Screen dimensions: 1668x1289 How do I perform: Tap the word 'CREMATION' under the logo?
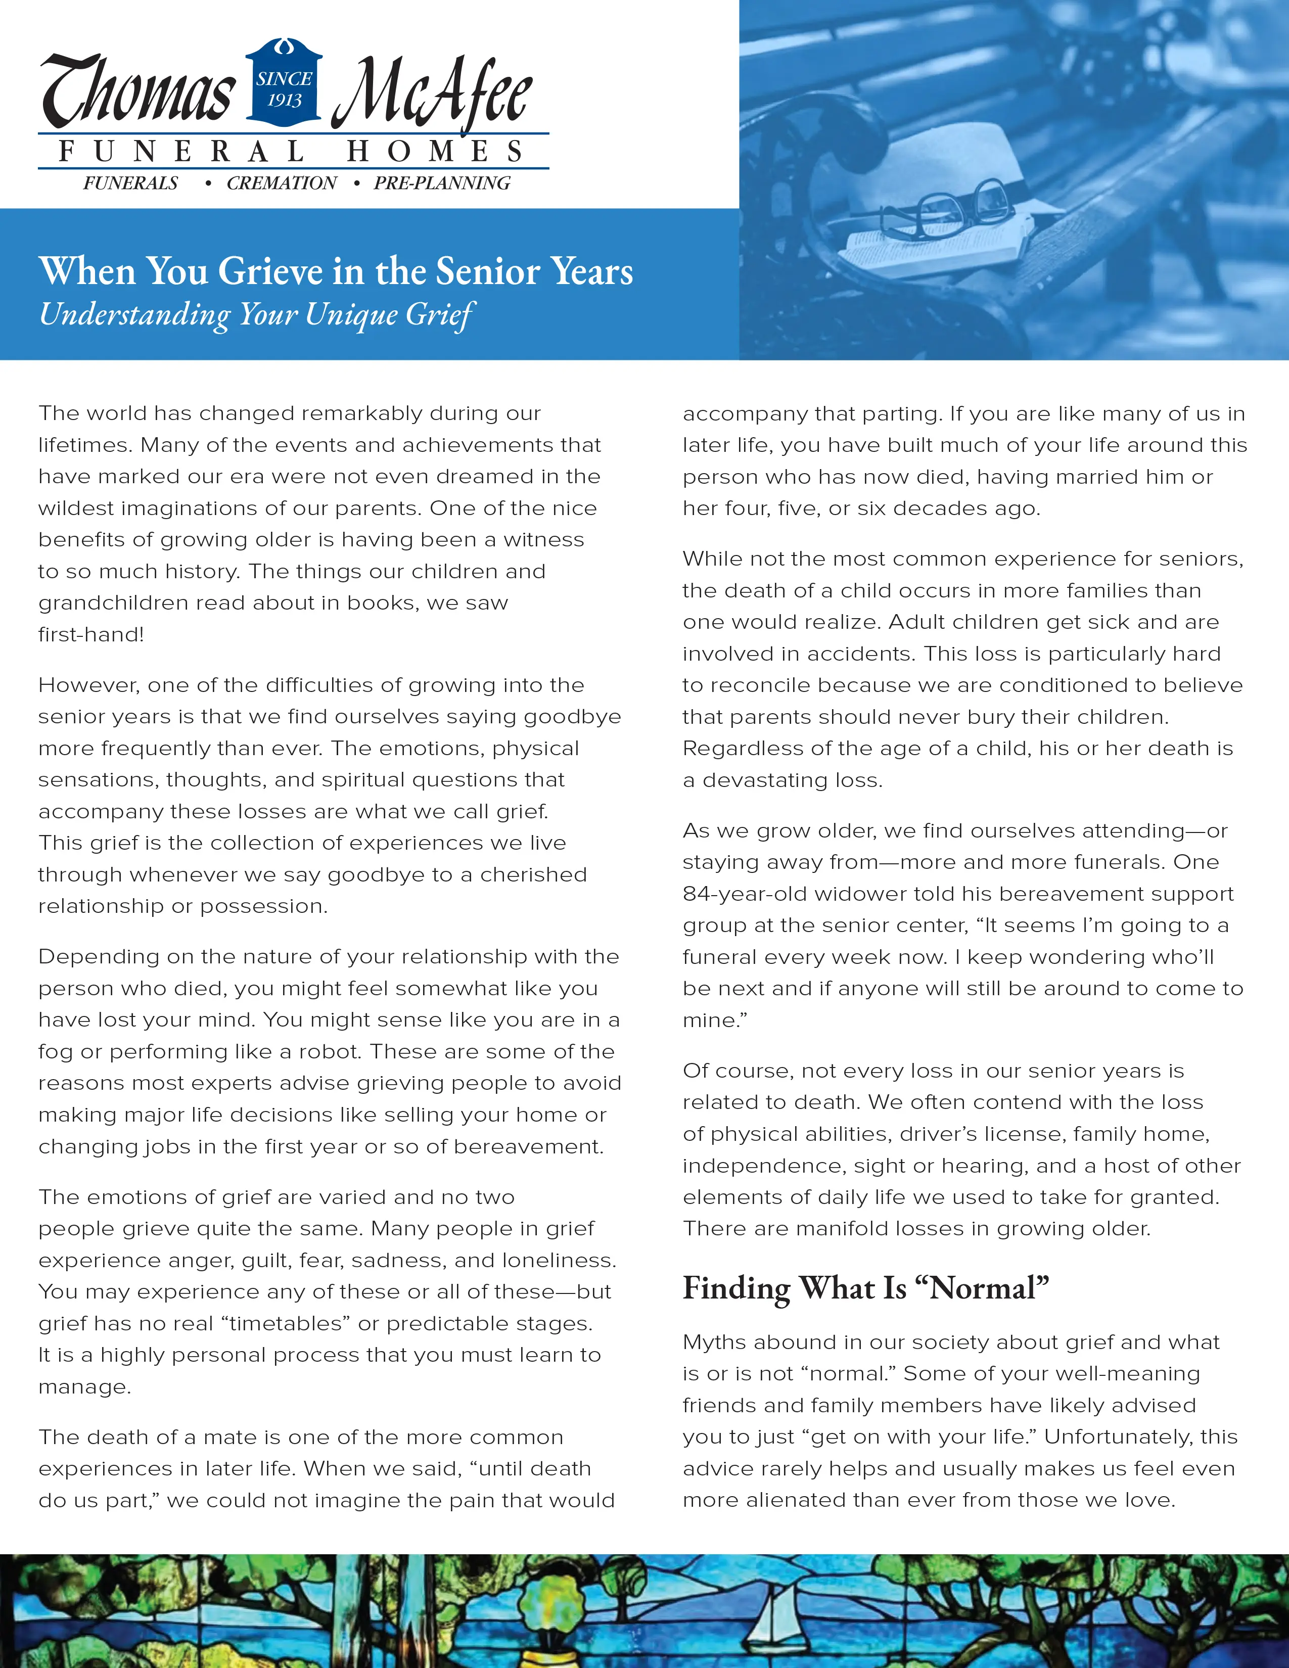click(x=281, y=183)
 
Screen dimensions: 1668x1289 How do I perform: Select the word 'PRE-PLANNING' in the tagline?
click(x=441, y=183)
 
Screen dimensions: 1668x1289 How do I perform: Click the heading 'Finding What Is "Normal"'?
click(x=865, y=1288)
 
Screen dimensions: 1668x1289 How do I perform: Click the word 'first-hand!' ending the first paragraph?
click(x=91, y=635)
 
